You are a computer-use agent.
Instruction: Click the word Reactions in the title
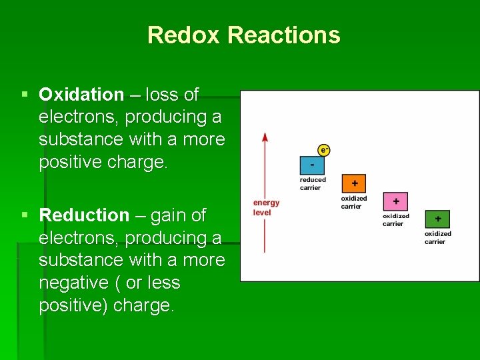point(283,35)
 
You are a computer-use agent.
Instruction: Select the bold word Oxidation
point(81,95)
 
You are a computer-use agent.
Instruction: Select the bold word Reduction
point(84,215)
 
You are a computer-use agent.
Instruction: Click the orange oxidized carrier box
point(354,183)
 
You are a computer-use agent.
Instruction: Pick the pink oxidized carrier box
point(395,201)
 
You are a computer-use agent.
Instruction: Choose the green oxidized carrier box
point(437,219)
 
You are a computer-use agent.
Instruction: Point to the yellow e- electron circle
point(324,151)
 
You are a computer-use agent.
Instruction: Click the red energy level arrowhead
point(265,137)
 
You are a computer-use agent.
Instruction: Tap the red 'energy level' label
point(266,207)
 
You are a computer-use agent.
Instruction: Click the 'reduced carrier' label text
point(313,183)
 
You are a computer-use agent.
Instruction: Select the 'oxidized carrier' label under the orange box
point(354,202)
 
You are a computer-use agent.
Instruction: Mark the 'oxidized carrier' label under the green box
point(437,237)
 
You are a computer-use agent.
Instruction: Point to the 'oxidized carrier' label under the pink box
point(396,220)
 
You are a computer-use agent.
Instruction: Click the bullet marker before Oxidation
point(25,95)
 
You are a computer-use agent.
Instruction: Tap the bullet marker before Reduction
point(25,215)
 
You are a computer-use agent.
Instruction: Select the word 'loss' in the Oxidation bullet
point(161,95)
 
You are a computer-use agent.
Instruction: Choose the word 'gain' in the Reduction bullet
point(170,215)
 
